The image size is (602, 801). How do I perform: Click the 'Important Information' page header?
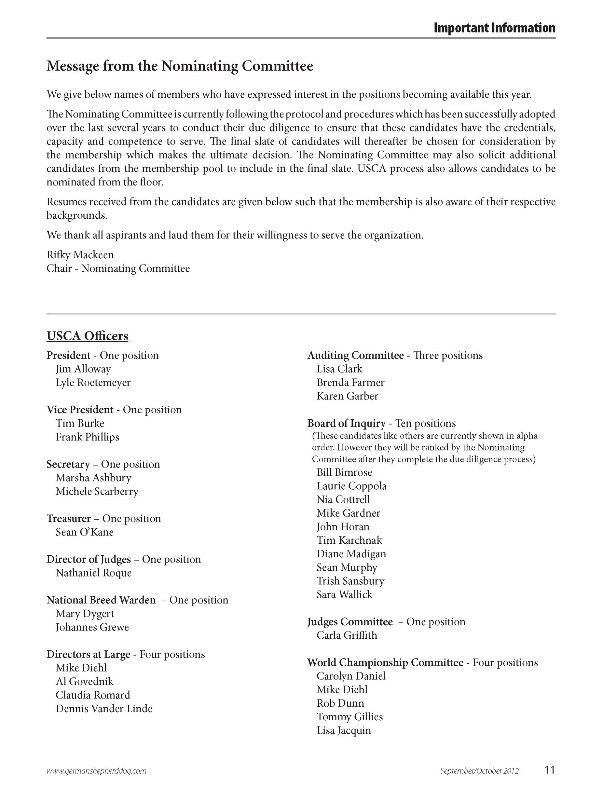click(494, 28)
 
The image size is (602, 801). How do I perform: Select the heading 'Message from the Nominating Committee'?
click(180, 66)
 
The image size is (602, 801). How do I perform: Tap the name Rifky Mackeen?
click(80, 255)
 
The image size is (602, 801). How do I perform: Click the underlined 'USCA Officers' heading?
click(87, 336)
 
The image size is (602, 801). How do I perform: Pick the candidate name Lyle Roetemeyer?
click(93, 382)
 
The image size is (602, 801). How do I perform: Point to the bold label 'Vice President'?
click(80, 410)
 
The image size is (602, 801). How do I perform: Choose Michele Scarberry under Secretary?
click(97, 491)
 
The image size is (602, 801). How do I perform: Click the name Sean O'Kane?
click(85, 532)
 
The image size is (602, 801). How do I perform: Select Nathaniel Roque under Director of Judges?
click(94, 573)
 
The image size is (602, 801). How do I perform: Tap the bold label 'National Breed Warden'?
click(101, 600)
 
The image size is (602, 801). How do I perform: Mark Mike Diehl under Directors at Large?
click(81, 668)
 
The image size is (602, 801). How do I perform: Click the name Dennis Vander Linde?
click(104, 709)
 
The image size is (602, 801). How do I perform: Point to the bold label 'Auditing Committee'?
click(355, 355)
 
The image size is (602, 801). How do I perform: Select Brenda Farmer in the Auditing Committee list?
click(350, 382)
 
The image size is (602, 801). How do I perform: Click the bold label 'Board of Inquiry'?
click(346, 423)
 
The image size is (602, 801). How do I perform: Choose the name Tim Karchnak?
click(349, 540)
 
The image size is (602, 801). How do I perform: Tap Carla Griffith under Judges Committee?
click(347, 635)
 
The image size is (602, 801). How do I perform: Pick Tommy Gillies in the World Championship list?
click(349, 717)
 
